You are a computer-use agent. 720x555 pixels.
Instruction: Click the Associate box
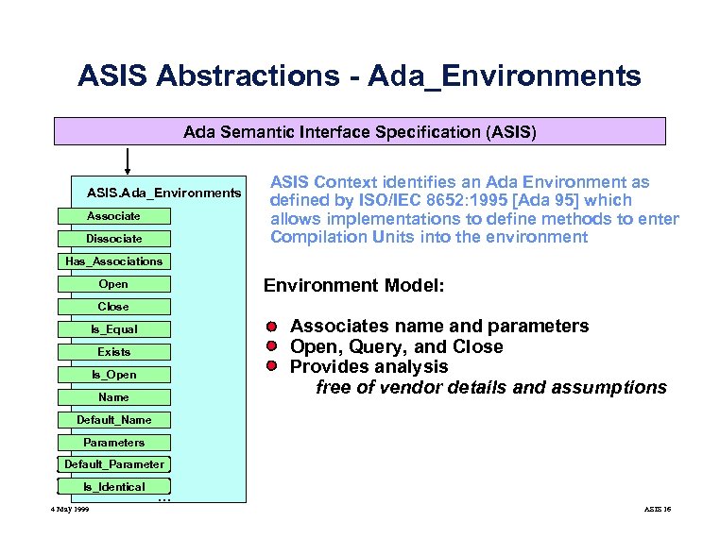coord(113,216)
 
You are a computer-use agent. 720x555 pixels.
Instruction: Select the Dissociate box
coord(113,239)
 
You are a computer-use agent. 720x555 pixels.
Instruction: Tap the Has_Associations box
coord(113,261)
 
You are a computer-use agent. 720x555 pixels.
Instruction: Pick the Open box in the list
coord(113,284)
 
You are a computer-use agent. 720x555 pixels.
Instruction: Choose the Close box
coord(113,307)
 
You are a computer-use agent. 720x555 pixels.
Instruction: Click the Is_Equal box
coord(113,329)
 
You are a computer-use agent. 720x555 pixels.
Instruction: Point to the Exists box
coord(113,352)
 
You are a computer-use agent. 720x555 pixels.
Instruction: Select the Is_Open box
coord(113,375)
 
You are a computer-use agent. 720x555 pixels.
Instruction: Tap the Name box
coord(113,397)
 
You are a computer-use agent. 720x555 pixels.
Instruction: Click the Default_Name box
coord(113,420)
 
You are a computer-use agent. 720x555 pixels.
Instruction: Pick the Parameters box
coord(113,443)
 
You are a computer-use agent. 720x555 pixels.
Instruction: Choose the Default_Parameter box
coord(113,464)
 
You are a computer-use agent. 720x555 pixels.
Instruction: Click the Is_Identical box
coord(113,487)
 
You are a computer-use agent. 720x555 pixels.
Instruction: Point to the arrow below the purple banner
coord(127,161)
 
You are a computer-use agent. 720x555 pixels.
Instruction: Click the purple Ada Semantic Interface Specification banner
coord(359,131)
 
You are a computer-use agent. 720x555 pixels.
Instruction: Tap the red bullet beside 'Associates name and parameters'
coord(270,327)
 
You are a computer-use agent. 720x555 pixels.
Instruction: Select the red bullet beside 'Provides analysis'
coord(270,366)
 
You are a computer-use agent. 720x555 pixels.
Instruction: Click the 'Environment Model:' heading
coord(353,285)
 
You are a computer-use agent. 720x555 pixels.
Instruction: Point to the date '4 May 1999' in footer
coord(70,510)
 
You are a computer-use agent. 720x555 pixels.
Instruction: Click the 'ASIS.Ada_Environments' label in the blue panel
coord(163,193)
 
